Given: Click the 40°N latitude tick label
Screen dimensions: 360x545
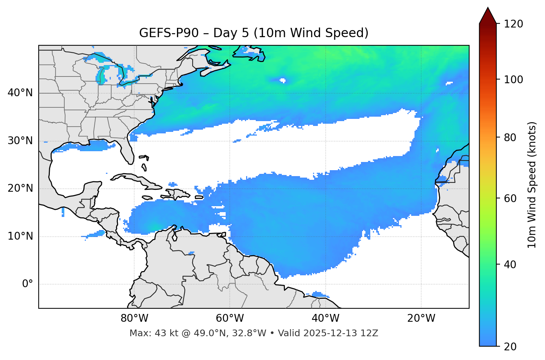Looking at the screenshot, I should click(20, 93).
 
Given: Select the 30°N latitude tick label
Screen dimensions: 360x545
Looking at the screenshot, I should click(20, 141).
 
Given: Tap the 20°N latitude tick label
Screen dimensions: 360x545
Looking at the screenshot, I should click(20, 188).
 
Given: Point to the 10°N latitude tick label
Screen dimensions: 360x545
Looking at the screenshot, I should click(20, 236).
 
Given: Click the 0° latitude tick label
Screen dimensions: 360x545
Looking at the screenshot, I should click(28, 284).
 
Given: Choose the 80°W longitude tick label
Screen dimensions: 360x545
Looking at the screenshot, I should click(134, 318).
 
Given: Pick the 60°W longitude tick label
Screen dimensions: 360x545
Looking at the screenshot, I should click(230, 318).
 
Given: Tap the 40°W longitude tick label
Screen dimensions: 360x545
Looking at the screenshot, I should click(325, 318).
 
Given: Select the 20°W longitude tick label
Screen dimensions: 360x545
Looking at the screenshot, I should click(421, 318).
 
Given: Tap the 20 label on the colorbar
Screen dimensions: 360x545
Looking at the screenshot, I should click(510, 347).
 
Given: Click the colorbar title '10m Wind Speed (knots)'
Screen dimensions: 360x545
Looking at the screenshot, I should click(532, 185).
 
